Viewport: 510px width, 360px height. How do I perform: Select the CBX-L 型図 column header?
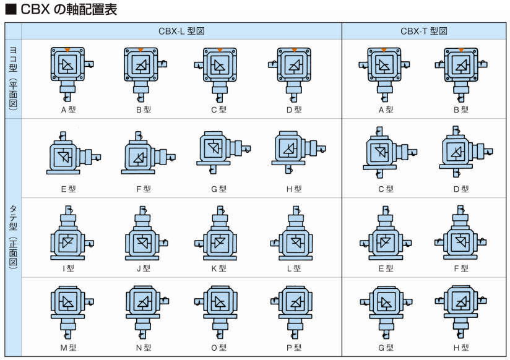(x=181, y=31)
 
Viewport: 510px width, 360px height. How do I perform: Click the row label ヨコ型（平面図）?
(x=12, y=77)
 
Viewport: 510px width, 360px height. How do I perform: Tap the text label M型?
(x=68, y=348)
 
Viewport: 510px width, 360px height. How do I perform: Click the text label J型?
(x=143, y=268)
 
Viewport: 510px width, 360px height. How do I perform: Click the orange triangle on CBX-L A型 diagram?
(x=67, y=49)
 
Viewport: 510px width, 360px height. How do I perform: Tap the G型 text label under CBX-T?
(x=385, y=348)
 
